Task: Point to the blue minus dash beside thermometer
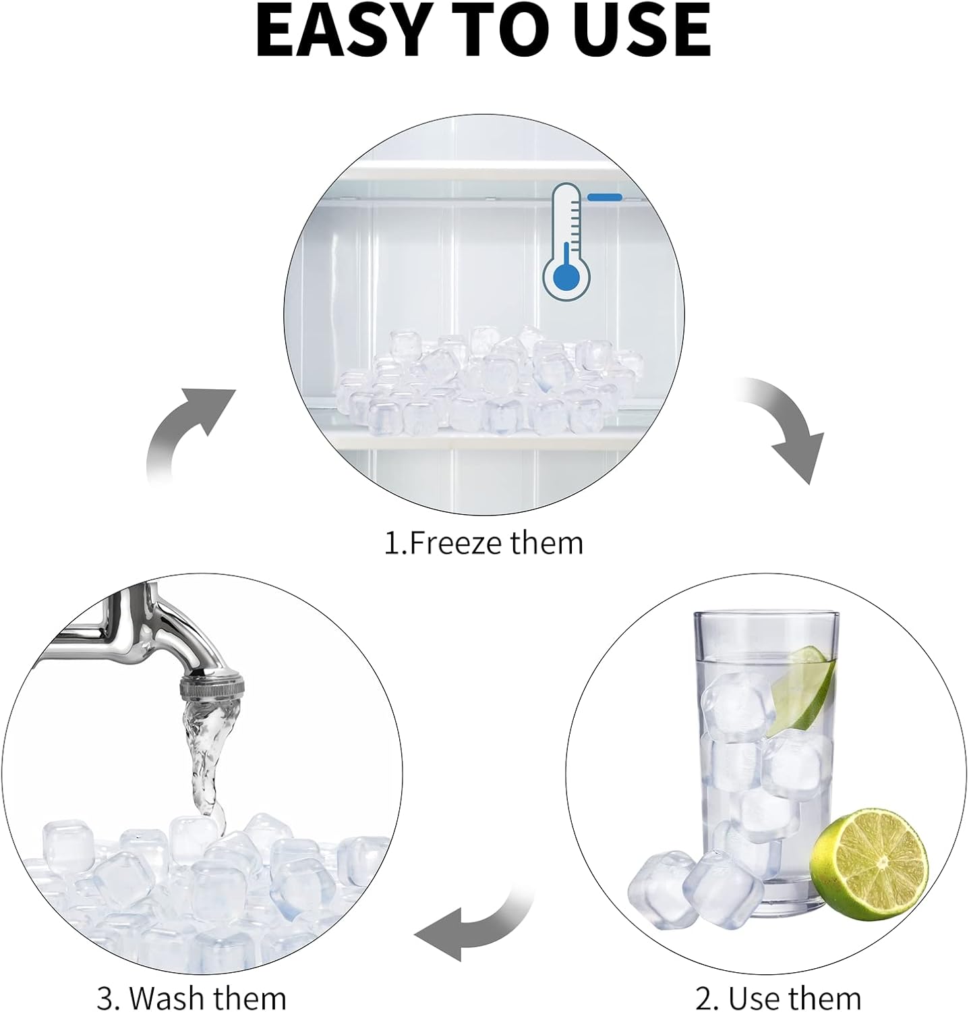605,197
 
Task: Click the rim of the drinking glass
767,615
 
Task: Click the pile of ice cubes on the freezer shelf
487,381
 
